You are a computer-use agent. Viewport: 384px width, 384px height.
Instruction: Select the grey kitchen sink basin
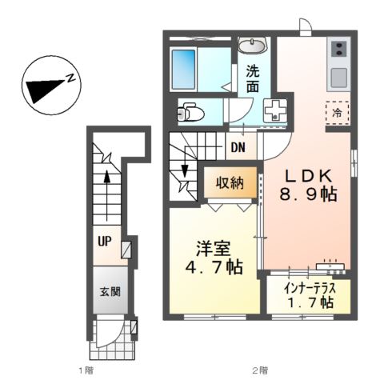pyautogui.click(x=337, y=79)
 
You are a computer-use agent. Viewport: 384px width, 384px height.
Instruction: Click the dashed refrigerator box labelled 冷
pyautogui.click(x=337, y=112)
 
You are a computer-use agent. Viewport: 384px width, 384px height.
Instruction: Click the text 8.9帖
pyautogui.click(x=306, y=195)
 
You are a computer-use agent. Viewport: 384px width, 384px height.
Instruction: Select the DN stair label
pyautogui.click(x=238, y=147)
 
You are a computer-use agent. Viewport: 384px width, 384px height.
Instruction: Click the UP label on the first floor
pyautogui.click(x=105, y=240)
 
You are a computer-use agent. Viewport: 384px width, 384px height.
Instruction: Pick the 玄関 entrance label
pyautogui.click(x=110, y=291)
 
